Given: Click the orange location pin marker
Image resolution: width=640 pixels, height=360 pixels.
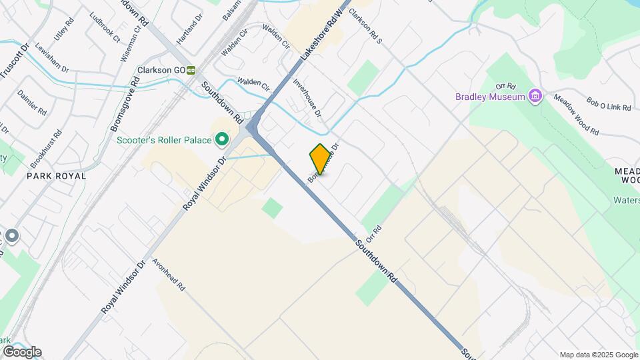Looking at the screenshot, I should [320, 159].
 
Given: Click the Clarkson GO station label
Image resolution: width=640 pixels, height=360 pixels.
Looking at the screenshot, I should [161, 69].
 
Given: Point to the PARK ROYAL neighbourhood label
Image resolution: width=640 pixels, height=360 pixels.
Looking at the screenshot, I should [57, 176].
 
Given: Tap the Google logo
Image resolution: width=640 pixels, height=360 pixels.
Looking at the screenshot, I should [21, 351].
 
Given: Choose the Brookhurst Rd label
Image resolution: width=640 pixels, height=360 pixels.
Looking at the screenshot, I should [47, 149].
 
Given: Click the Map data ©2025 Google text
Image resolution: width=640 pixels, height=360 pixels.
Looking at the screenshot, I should [598, 355].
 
